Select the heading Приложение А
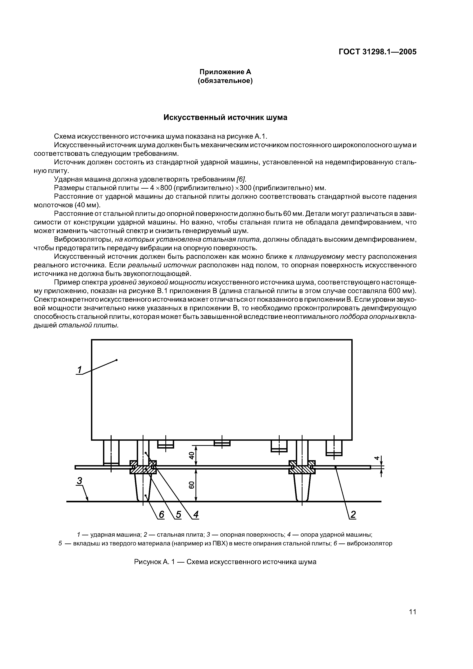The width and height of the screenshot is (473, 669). [x=225, y=72]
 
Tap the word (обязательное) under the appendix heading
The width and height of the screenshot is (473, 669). [x=225, y=81]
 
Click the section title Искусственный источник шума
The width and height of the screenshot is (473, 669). [x=225, y=117]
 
